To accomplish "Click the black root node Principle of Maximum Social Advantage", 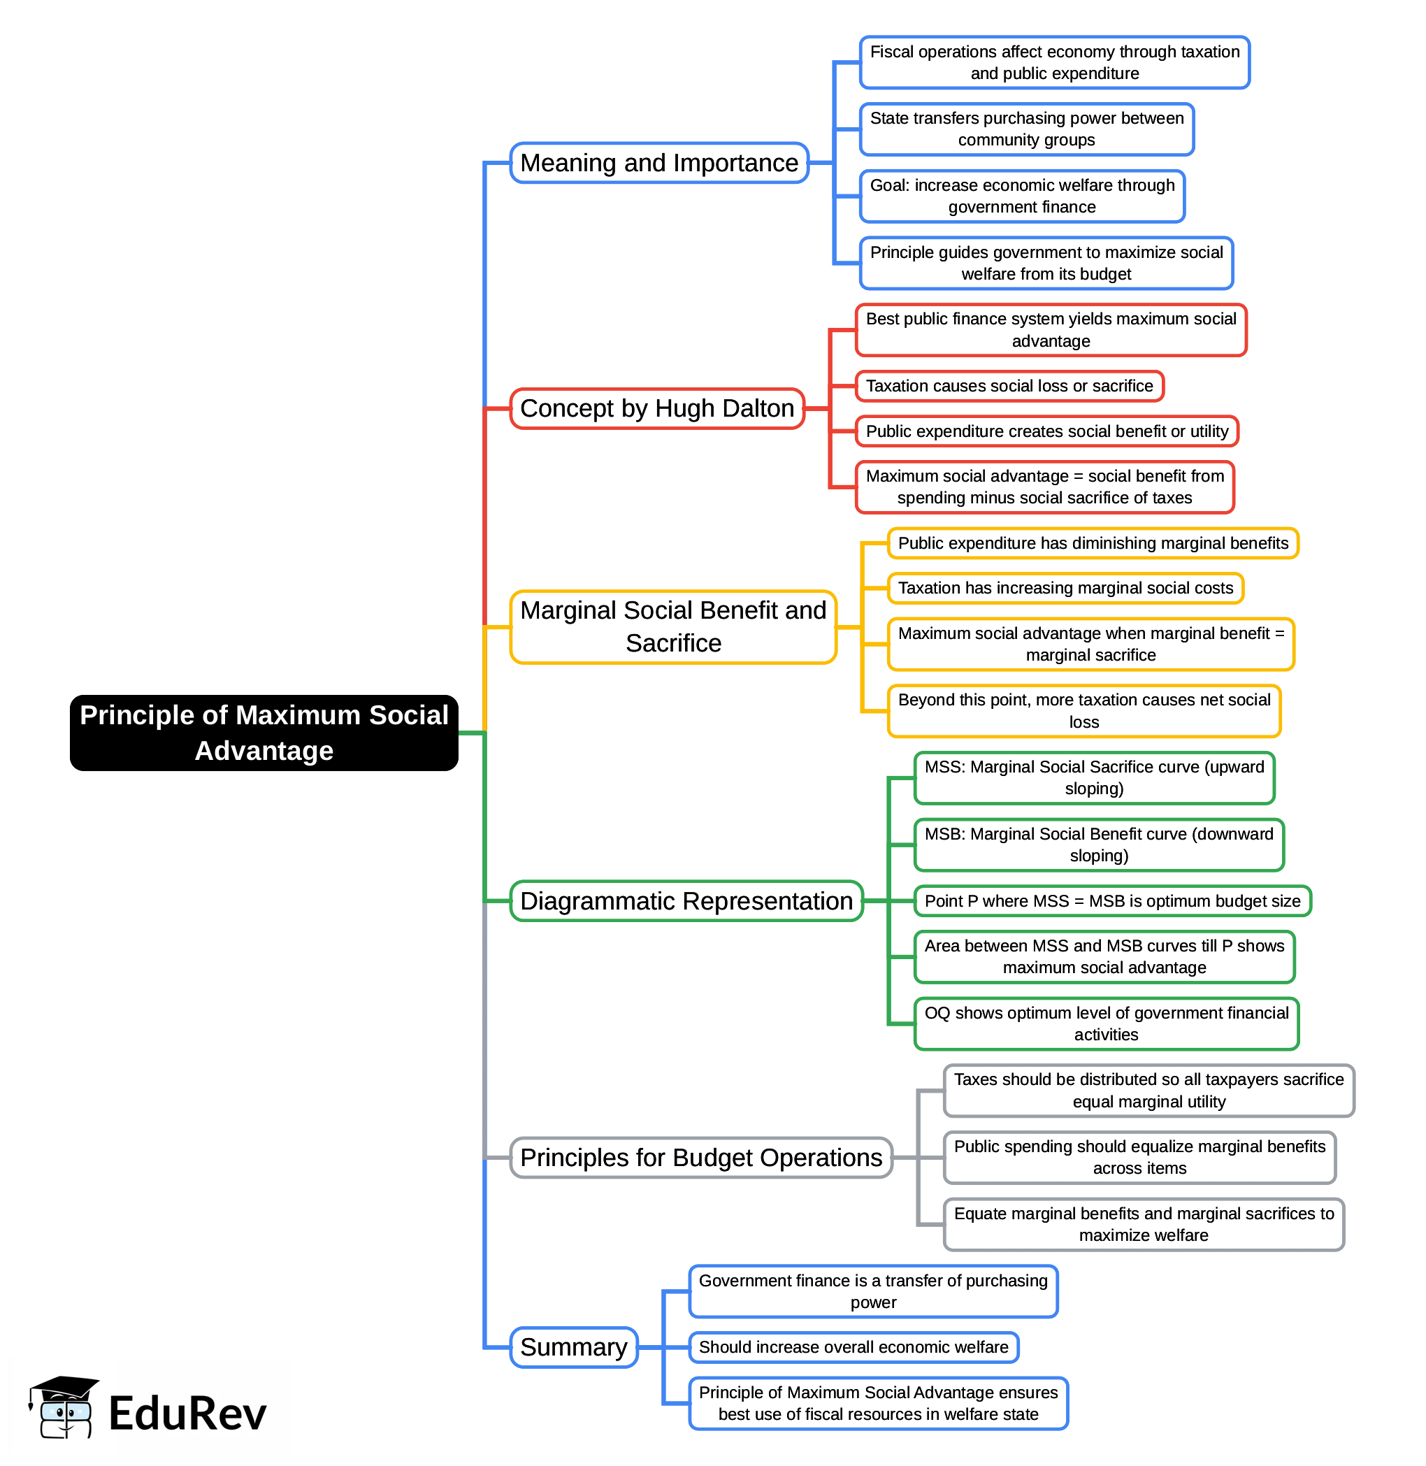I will [x=264, y=733].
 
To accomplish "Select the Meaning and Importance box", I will [x=659, y=163].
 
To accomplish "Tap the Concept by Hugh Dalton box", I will [x=657, y=408].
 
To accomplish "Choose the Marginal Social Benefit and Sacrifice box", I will [x=672, y=626].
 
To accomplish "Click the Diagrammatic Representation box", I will [x=686, y=900].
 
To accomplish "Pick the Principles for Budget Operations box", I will [x=700, y=1158].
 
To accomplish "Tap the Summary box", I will [x=574, y=1347].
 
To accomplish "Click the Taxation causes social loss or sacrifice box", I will [x=1009, y=386].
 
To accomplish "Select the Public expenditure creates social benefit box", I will [x=1046, y=431].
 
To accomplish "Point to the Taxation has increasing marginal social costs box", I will [x=1065, y=588].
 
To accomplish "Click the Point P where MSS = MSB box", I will [x=1112, y=900].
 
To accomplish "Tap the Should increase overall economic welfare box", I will [x=853, y=1347].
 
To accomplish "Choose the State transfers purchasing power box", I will [x=1026, y=129].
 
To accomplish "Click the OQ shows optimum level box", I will [x=1106, y=1023].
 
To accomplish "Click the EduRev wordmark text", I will [x=187, y=1414].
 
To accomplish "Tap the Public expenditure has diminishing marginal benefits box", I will [x=1093, y=543].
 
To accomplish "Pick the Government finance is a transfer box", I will [x=872, y=1291].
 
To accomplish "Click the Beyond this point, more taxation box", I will [x=1083, y=710].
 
